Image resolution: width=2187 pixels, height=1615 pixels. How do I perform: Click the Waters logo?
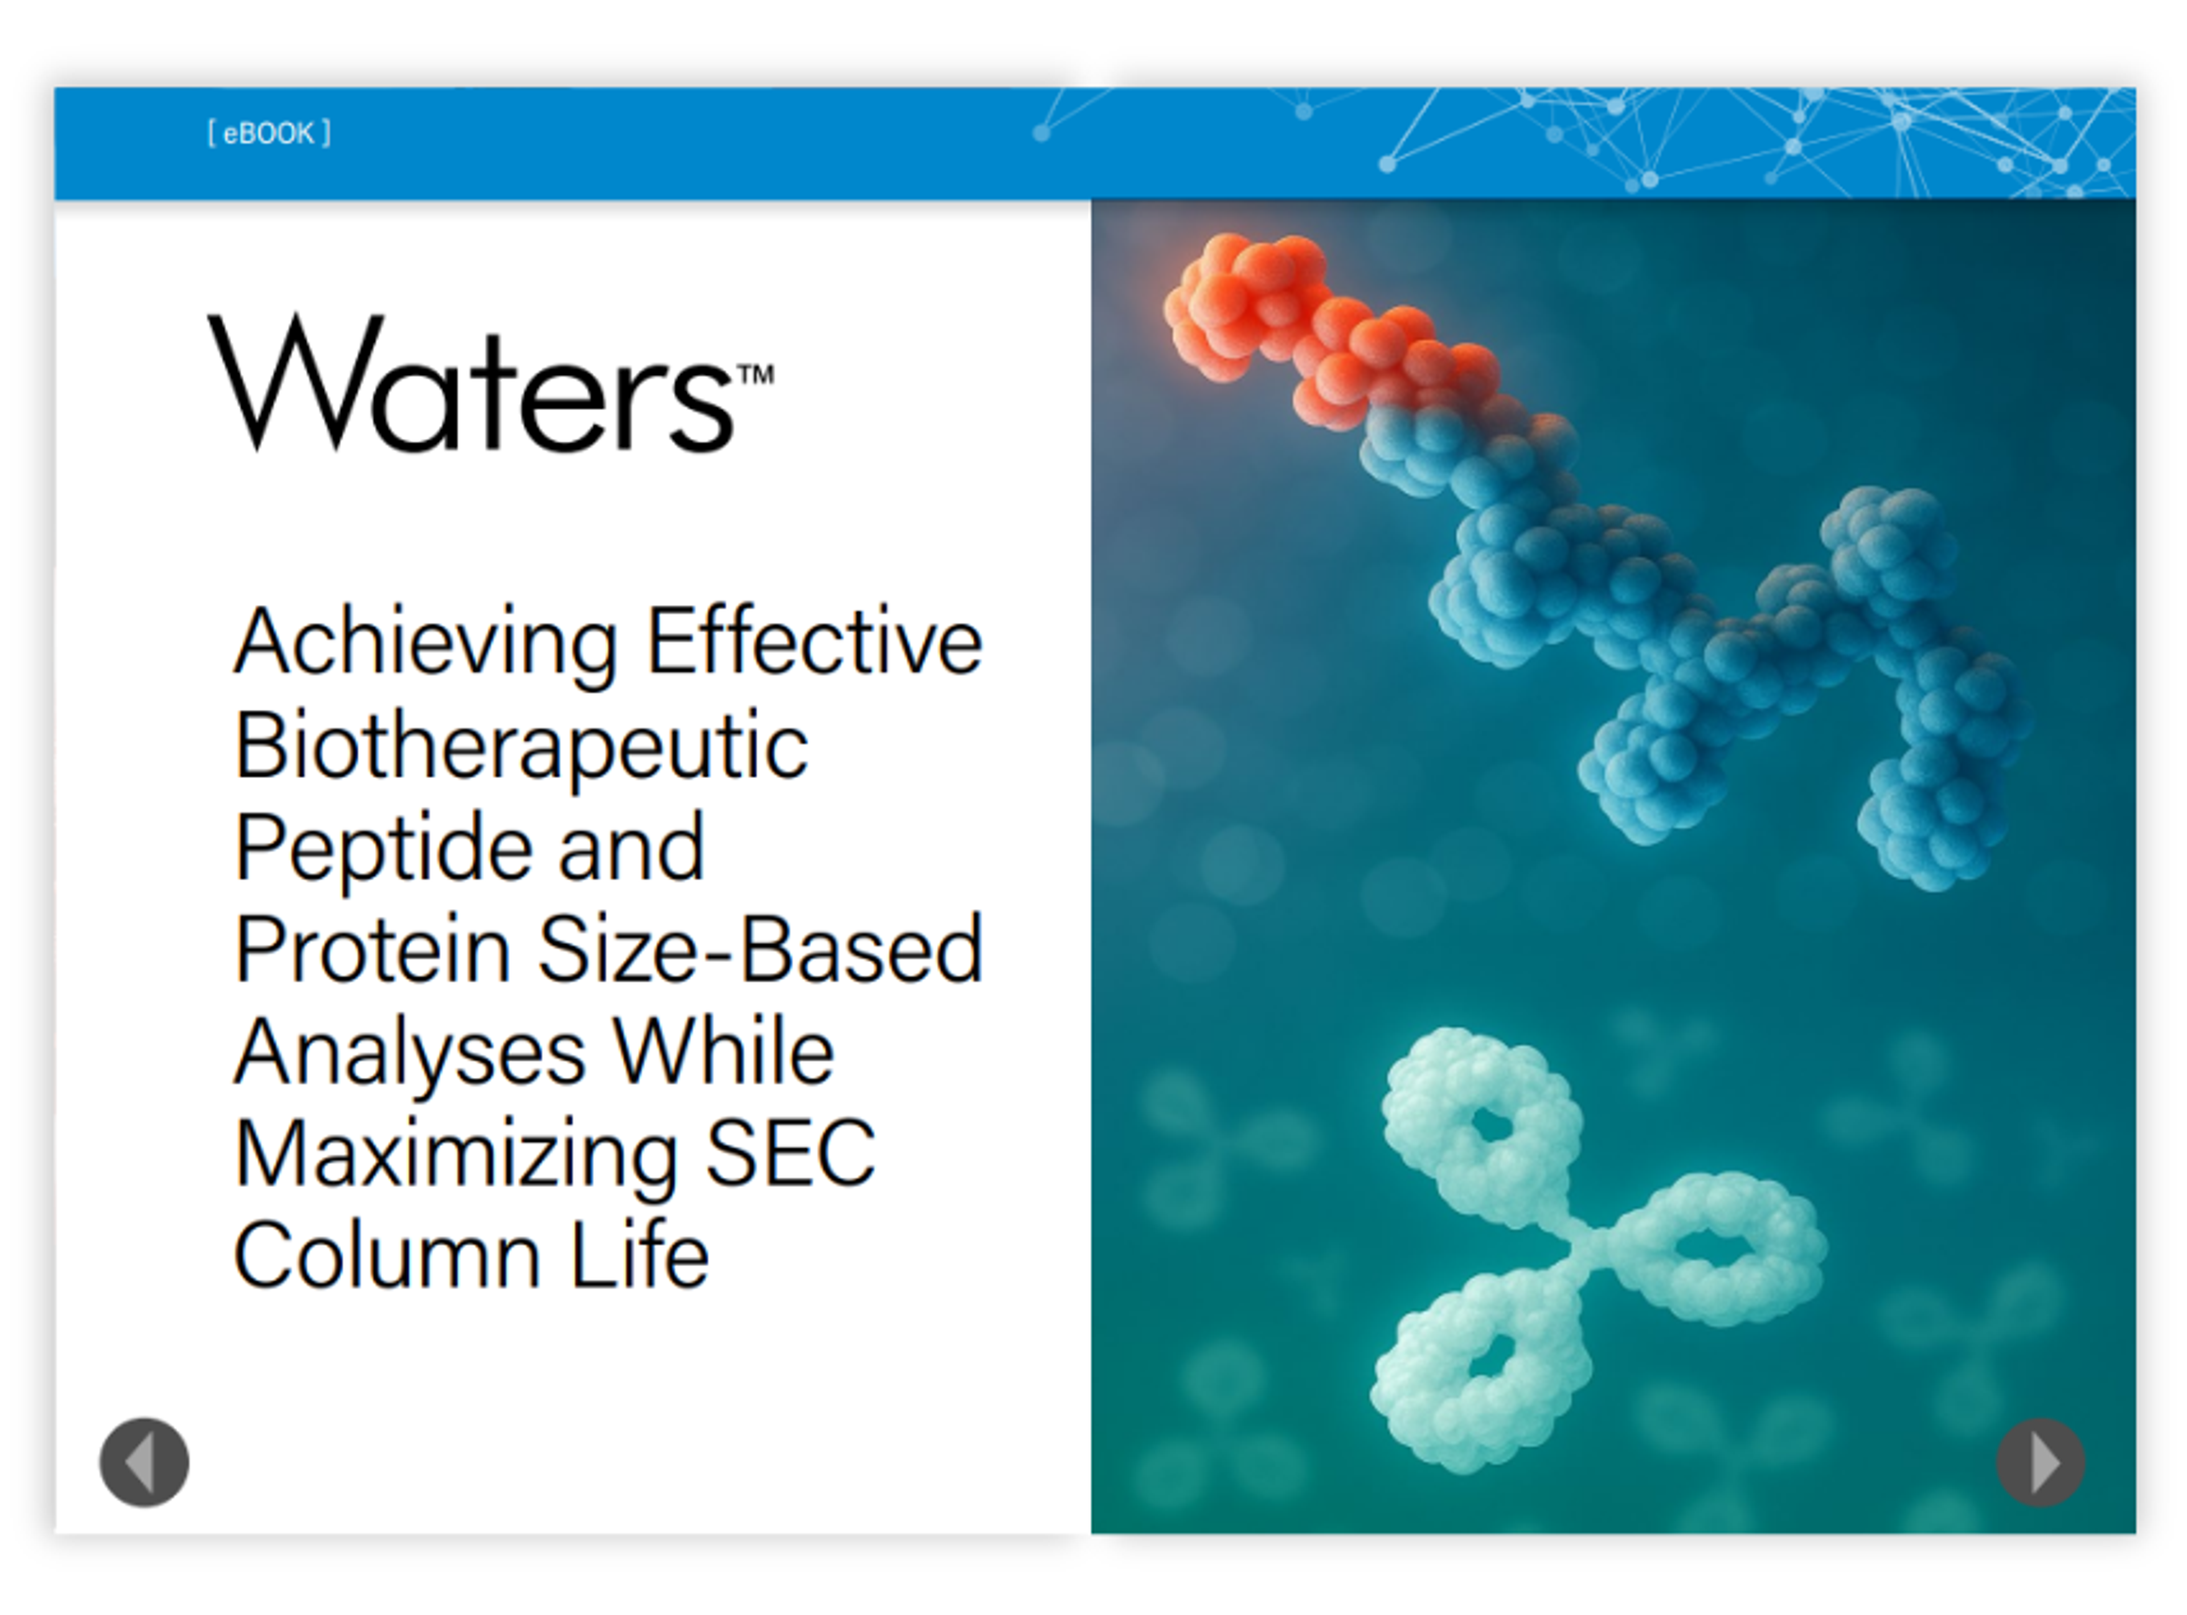(490, 383)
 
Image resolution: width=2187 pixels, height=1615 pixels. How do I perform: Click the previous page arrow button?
(144, 1462)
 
